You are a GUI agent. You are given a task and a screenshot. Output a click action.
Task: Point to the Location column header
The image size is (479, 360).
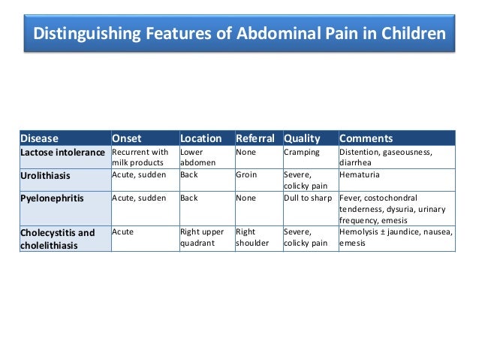tap(200, 138)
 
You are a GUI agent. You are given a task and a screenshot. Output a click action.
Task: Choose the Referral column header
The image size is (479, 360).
tap(255, 138)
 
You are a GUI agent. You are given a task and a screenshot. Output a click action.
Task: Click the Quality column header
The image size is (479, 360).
tap(302, 138)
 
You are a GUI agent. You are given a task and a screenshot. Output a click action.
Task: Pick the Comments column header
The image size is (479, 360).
tap(366, 138)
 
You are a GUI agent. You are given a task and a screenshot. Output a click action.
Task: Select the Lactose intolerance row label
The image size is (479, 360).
tap(62, 153)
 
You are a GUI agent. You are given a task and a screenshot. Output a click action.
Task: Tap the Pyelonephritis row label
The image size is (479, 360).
tap(51, 198)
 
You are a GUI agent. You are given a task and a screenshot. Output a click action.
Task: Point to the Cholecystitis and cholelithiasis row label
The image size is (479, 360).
tap(58, 237)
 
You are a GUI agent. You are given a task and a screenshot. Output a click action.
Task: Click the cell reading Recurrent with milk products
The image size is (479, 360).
tap(140, 158)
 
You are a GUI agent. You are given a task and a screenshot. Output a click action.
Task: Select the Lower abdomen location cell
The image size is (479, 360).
tap(197, 158)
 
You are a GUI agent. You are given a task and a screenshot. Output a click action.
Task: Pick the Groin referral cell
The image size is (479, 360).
tap(246, 174)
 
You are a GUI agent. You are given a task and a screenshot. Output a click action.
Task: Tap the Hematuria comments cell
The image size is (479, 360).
tap(360, 174)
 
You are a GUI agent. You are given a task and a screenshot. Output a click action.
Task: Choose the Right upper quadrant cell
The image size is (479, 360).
tap(203, 237)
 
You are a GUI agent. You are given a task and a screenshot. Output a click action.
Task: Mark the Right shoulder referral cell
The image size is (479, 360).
tap(252, 237)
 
